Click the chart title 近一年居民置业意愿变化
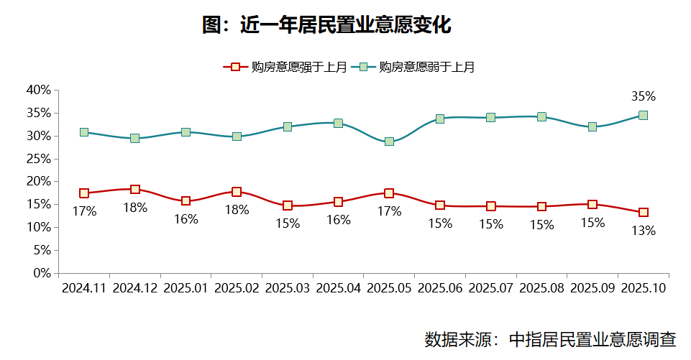326,26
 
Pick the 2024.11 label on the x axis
84,287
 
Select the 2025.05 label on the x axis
389,287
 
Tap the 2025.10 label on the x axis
644,287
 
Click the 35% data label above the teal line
643,96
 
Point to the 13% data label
643,231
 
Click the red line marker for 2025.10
644,213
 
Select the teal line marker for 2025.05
389,142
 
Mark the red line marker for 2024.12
135,190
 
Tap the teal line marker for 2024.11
84,132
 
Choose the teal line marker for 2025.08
541,116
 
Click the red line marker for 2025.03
288,206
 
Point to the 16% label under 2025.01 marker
186,219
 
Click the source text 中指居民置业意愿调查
592,339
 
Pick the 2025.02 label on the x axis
237,287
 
